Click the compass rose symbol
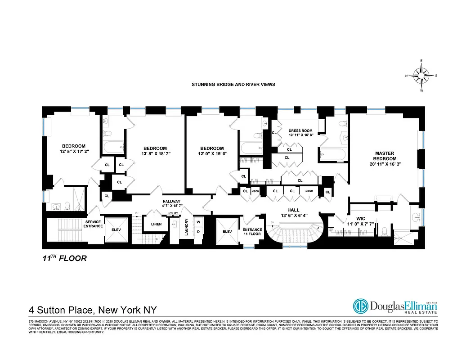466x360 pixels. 421,75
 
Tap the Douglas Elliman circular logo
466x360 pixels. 361,306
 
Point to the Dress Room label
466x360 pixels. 300,131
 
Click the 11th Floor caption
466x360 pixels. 62,258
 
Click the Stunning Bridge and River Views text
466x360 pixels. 233,84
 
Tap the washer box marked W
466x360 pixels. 198,222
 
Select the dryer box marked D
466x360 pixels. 198,232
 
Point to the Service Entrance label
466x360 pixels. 94,224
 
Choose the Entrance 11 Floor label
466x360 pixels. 252,232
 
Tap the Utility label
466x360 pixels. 173,213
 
